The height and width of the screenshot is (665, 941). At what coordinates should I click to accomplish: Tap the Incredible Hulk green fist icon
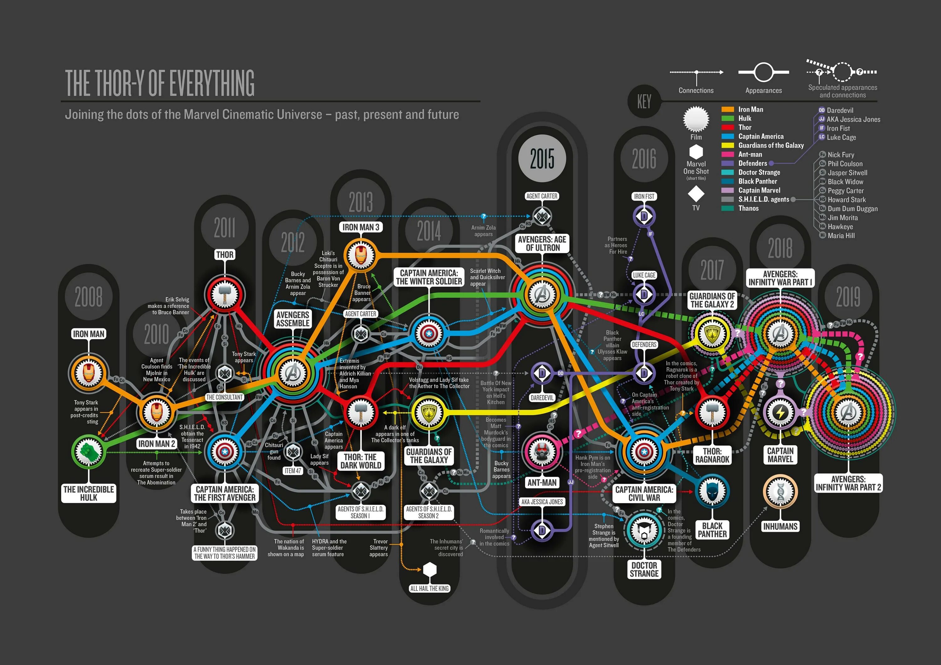(88, 451)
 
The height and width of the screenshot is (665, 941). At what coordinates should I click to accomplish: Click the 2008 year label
(88, 296)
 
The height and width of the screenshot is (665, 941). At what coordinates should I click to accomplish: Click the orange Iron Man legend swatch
(727, 109)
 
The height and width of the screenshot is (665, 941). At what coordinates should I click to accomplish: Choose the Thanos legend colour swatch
(727, 208)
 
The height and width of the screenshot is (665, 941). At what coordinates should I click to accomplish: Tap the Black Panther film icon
(712, 491)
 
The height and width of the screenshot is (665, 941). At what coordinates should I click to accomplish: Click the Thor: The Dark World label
(360, 461)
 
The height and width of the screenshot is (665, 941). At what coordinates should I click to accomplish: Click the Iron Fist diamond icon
(644, 216)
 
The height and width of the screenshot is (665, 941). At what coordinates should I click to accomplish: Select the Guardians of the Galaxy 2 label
(712, 300)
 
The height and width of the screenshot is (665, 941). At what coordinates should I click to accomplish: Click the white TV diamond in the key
(696, 193)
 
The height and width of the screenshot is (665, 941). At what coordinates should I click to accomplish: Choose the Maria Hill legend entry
(841, 235)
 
